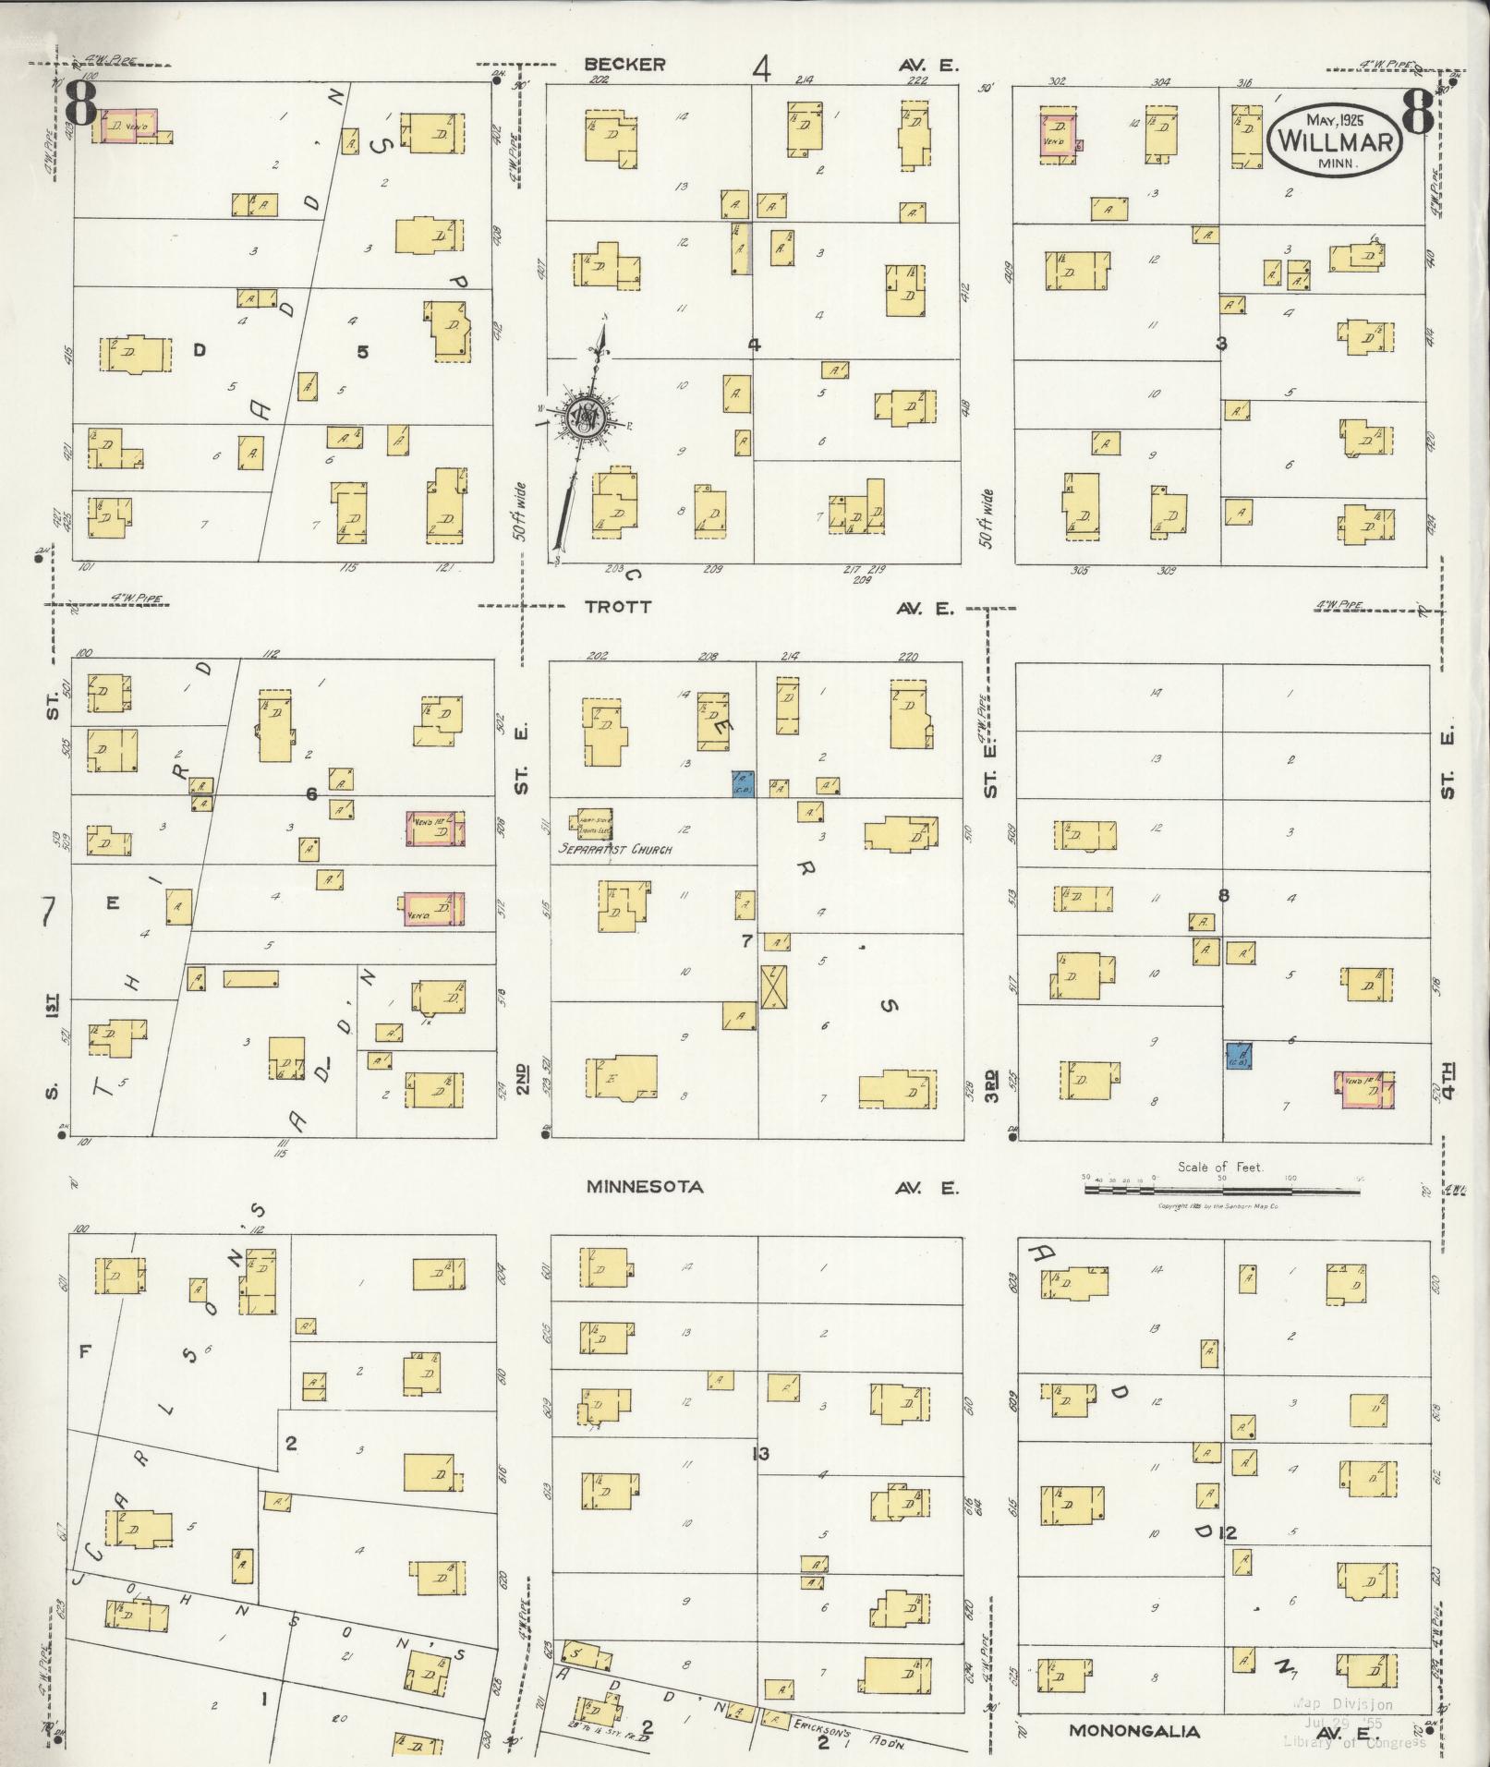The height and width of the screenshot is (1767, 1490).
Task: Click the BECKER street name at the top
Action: [x=624, y=64]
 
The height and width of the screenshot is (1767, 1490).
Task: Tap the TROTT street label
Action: [x=618, y=607]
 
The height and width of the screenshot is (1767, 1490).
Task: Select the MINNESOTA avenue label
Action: [x=645, y=1187]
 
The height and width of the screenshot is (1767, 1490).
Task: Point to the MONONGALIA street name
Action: [x=1135, y=1731]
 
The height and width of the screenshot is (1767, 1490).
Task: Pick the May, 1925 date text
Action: [x=1336, y=118]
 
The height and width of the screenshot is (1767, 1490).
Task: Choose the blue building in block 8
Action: [x=1239, y=1054]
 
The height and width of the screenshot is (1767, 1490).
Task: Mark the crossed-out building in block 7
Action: [x=771, y=986]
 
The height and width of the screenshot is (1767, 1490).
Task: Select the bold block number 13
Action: [x=760, y=1454]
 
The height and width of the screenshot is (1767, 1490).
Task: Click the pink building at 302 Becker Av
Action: [x=1057, y=134]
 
